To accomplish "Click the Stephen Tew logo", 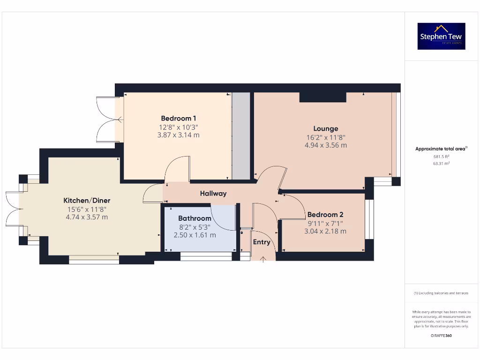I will (441, 36).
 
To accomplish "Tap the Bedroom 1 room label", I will (179, 118).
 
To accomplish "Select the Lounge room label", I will (326, 128).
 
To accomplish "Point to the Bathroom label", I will (195, 218).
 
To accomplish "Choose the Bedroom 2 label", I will (325, 214).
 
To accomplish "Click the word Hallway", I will (213, 193).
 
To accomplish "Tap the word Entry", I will (262, 242).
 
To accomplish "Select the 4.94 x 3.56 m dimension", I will (326, 145).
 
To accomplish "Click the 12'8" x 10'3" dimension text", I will (179, 127).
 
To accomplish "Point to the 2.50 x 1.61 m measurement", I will (195, 235).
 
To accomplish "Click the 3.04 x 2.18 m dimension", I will (325, 231).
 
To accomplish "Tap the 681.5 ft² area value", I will (441, 157).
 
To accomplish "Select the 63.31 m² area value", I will (441, 164).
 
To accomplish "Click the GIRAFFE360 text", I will (441, 336).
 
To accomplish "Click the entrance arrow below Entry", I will (263, 258).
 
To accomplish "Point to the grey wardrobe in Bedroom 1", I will (241, 136).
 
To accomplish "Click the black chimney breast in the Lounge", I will (322, 97).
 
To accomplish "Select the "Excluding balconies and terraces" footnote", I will (441, 293).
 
